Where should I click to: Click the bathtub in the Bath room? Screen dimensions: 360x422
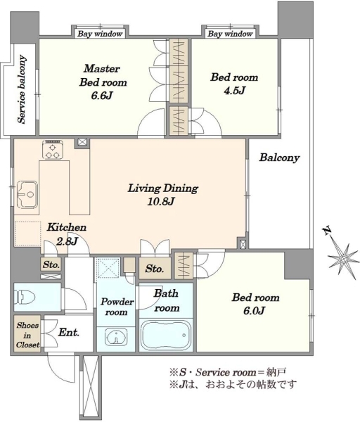(x=166, y=335)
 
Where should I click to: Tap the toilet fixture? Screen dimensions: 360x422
(x=25, y=297)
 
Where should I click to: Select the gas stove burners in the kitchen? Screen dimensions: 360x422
(x=53, y=150)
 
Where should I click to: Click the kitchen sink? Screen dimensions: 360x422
(x=27, y=194)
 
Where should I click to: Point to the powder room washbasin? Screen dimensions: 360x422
(x=116, y=336)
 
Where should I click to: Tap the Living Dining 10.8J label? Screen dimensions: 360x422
(x=162, y=194)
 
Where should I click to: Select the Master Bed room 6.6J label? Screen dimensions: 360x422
(x=103, y=82)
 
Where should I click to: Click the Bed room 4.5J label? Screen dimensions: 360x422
(x=234, y=84)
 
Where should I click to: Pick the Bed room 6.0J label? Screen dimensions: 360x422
(x=255, y=304)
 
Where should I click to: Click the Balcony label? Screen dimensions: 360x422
(x=279, y=158)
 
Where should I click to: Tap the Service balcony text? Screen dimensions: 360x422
(x=22, y=89)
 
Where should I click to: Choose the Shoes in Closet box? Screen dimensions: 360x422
(x=27, y=333)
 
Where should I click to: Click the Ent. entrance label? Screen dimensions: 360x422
(x=69, y=333)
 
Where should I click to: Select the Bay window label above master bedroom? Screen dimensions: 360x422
(x=100, y=34)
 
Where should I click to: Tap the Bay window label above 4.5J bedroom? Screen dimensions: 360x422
(x=230, y=34)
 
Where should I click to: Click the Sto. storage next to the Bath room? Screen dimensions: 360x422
(x=155, y=269)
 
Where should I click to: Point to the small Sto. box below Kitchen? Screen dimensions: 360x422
(x=51, y=265)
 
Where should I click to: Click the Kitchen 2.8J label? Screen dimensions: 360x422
(x=67, y=234)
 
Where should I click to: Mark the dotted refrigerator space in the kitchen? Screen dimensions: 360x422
(x=27, y=234)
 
